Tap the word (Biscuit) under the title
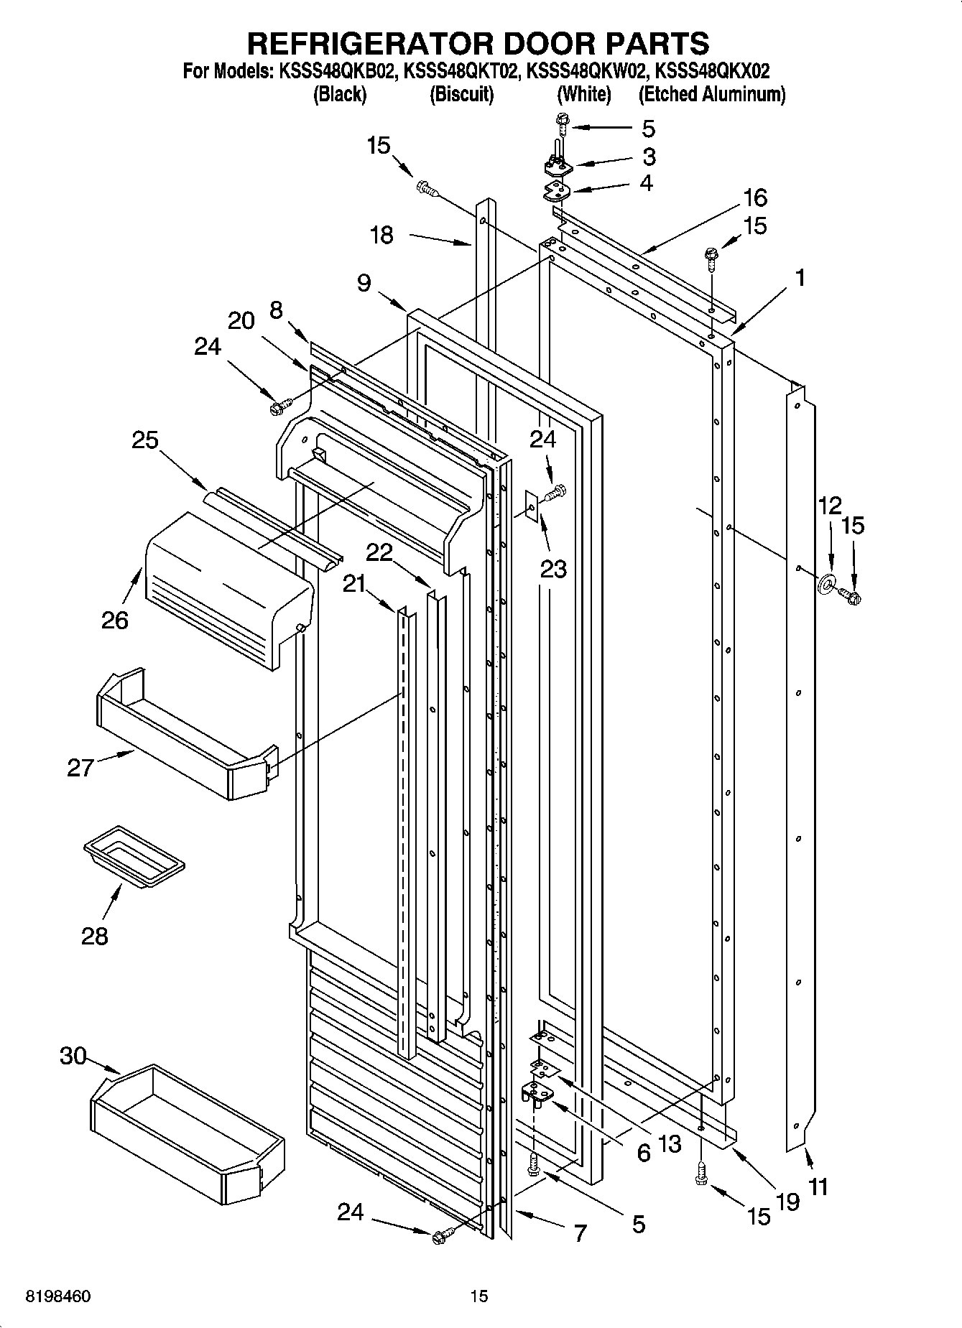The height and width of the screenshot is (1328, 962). coord(461,94)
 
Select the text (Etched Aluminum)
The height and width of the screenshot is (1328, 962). coord(711,94)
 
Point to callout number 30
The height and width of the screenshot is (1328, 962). coord(73,1057)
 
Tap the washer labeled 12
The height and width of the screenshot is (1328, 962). coord(826,582)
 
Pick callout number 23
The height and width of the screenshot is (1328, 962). coord(554,569)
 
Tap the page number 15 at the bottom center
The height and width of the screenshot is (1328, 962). coord(479,1296)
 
